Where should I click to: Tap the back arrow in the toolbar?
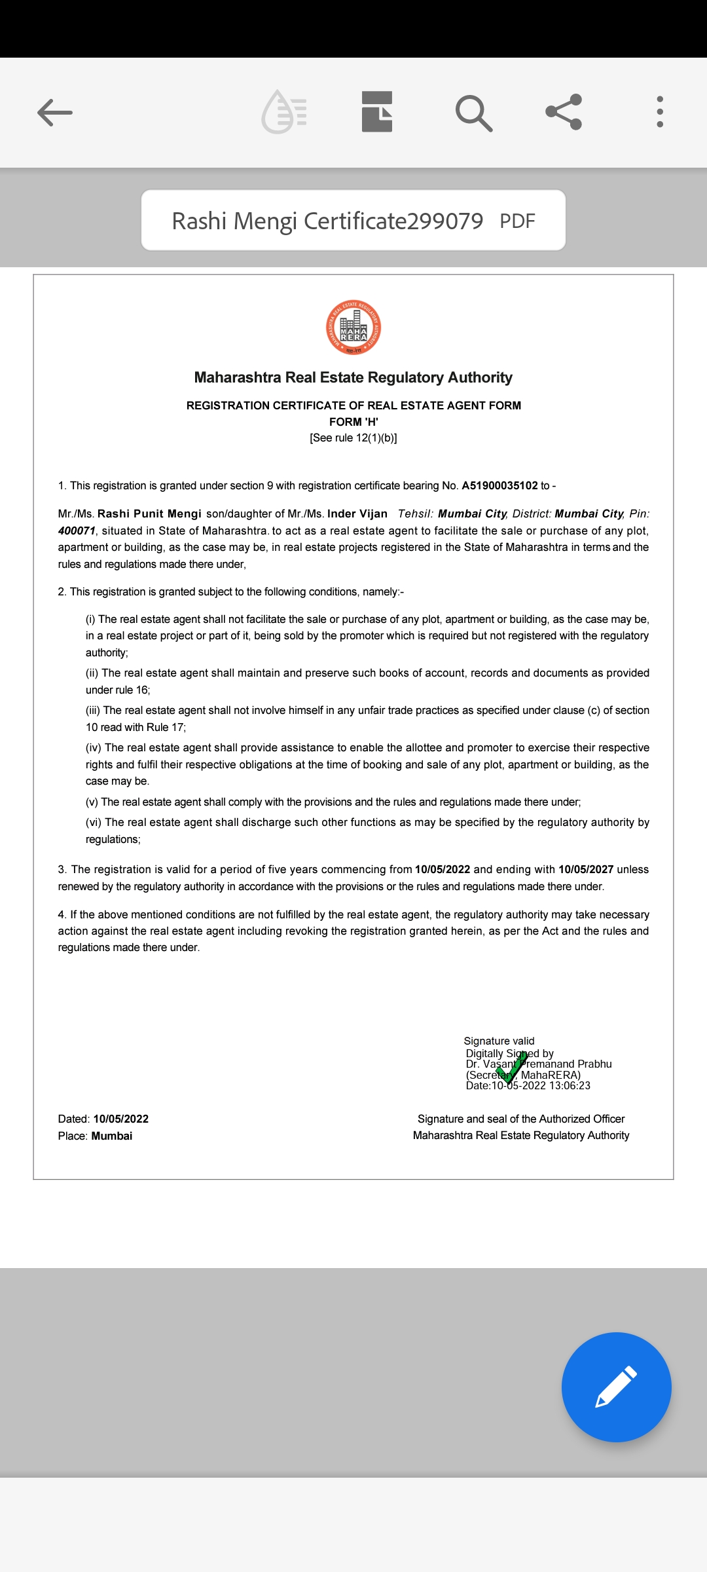point(55,113)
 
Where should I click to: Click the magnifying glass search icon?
point(473,113)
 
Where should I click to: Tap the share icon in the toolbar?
point(564,112)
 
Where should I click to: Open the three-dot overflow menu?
point(660,112)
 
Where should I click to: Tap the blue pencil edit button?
point(616,1387)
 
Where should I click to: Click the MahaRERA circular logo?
point(353,327)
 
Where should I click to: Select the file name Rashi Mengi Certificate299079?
point(327,221)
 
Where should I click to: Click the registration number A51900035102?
point(499,485)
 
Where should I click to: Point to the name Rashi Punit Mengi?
point(149,514)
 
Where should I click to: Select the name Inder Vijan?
point(357,514)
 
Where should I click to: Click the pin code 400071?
point(77,531)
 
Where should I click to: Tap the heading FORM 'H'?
point(353,422)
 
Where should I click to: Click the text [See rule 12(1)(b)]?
point(353,438)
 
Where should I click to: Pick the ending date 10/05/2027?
point(586,869)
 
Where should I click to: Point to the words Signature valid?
point(499,1041)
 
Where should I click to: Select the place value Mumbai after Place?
point(112,1136)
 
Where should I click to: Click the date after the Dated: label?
point(121,1119)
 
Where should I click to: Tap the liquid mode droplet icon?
point(284,112)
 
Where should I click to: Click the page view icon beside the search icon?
point(377,112)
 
